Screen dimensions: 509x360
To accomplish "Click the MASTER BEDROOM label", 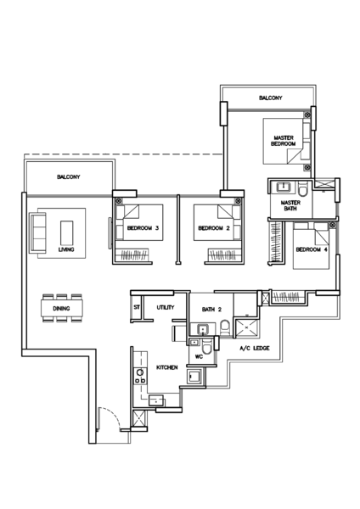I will pos(284,141).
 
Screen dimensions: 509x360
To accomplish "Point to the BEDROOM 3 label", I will pos(143,228).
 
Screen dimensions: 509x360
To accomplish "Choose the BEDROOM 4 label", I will pos(312,249).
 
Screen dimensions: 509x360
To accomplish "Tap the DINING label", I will pos(61,309).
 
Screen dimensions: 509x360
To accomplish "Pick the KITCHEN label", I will pos(166,367).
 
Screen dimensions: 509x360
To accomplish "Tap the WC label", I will pos(198,357).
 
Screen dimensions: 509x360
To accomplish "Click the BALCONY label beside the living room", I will pos(69,176).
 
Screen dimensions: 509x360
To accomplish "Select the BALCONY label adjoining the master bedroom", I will pos(271,98).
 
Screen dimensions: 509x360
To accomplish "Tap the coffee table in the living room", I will pos(66,231).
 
